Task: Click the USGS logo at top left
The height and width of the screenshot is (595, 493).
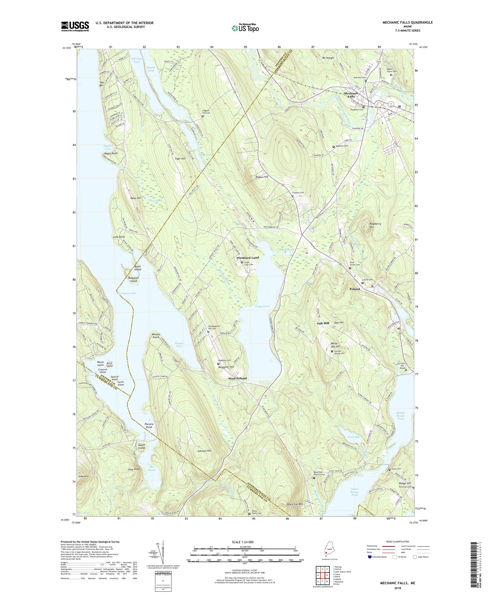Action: [75, 27]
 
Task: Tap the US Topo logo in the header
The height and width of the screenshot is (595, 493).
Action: [245, 28]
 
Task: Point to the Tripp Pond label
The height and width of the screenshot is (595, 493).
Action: [262, 306]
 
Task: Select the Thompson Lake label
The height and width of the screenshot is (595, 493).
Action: [126, 293]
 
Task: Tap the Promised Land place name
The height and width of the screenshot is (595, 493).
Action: [248, 258]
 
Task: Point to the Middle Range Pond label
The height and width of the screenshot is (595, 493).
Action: [401, 416]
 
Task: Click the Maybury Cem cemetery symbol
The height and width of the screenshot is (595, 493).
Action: [334, 147]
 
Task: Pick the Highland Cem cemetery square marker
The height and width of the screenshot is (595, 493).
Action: [218, 363]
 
